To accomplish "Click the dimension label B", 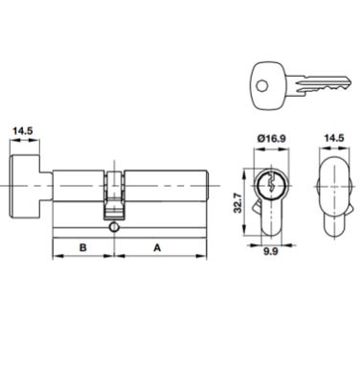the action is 83,247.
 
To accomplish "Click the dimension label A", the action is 157,247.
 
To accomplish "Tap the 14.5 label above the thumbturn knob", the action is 22,131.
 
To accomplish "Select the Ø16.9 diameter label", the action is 271,139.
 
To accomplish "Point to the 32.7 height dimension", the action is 237,203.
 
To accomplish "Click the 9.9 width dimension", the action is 271,251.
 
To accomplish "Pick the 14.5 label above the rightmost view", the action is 334,138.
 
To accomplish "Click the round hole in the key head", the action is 262,85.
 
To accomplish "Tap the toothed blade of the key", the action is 323,84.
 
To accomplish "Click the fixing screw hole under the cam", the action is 113,227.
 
